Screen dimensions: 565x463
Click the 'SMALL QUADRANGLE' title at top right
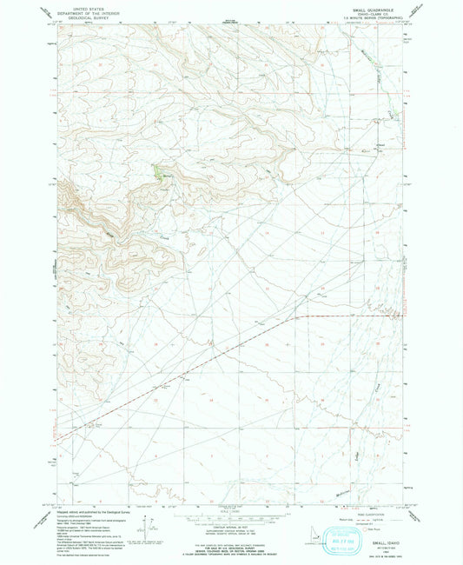375,6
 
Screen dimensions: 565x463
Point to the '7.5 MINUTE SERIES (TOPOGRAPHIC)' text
375,16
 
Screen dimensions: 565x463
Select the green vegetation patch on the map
159,172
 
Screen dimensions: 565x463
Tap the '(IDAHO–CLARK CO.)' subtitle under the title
375,11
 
